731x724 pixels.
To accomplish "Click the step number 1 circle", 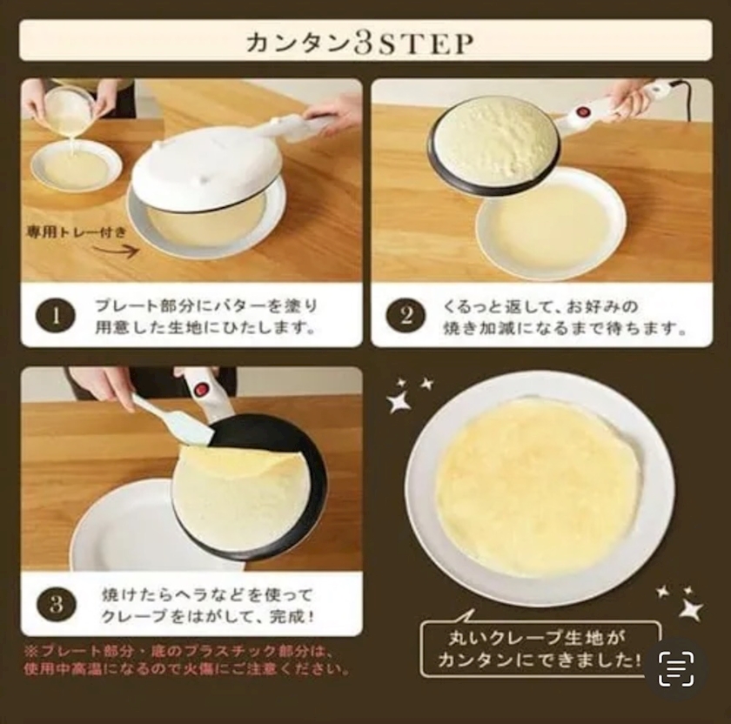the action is click(x=56, y=317).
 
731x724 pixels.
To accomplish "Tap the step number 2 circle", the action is click(x=406, y=317).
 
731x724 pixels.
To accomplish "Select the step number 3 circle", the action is click(x=57, y=604).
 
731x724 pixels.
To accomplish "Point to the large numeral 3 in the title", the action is click(x=362, y=43).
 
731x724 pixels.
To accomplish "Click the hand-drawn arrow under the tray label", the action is click(x=117, y=251).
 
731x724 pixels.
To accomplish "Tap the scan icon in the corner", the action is click(x=676, y=669).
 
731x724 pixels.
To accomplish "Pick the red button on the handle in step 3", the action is click(x=200, y=387).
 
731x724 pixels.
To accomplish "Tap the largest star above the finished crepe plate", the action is click(x=399, y=401).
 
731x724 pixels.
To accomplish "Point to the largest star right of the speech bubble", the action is click(x=691, y=609).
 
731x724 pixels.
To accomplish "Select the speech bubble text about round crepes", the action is click(x=540, y=648).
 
